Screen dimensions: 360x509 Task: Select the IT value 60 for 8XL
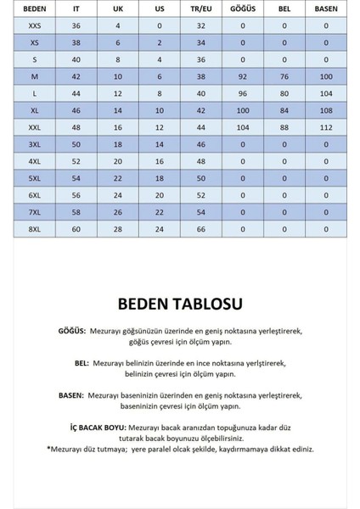pyautogui.click(x=75, y=229)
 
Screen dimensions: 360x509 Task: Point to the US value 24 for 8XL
pyautogui.click(x=159, y=229)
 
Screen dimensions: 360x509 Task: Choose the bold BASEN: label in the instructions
pyautogui.click(x=71, y=394)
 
